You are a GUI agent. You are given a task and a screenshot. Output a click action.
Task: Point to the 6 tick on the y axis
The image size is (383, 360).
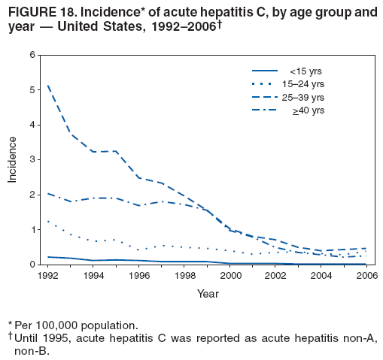(x=32, y=55)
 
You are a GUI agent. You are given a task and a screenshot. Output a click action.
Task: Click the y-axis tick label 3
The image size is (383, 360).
(x=32, y=159)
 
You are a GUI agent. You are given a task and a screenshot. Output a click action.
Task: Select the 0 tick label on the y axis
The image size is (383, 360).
(x=32, y=265)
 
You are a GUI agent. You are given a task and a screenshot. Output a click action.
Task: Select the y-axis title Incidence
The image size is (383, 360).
(x=13, y=159)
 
